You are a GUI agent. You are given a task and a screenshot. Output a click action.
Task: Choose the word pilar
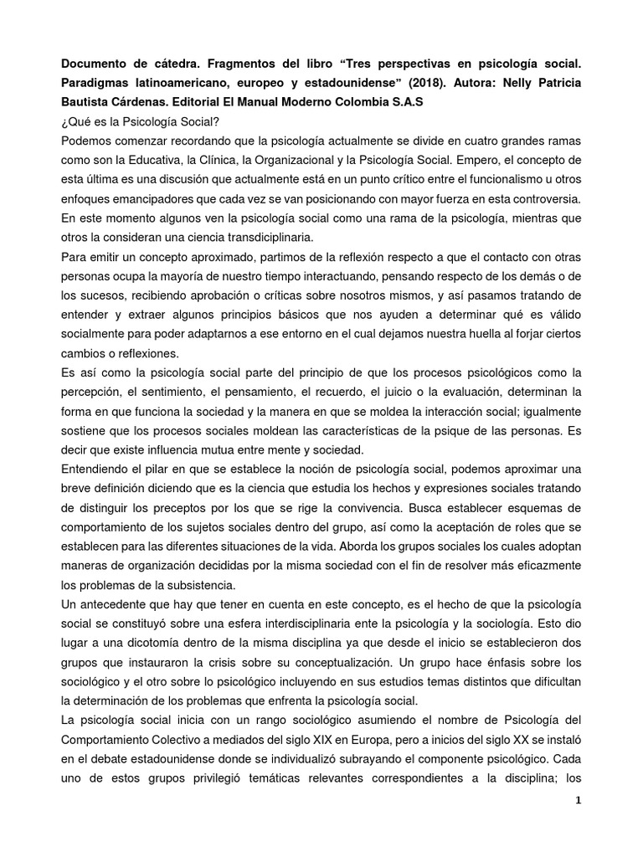pyautogui.click(x=155, y=468)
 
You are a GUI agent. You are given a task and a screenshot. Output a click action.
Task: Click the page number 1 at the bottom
pyautogui.click(x=577, y=800)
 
